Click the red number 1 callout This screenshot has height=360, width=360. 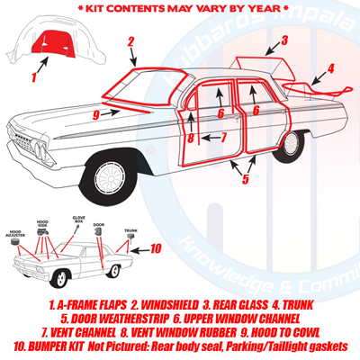[34, 77]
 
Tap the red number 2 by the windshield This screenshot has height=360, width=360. [131, 41]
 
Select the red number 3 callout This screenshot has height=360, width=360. [283, 40]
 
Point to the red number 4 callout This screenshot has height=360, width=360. [330, 68]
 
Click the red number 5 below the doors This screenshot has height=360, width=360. [245, 179]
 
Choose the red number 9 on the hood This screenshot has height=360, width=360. [95, 114]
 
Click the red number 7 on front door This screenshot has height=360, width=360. [224, 137]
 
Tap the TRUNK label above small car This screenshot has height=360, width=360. [130, 229]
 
